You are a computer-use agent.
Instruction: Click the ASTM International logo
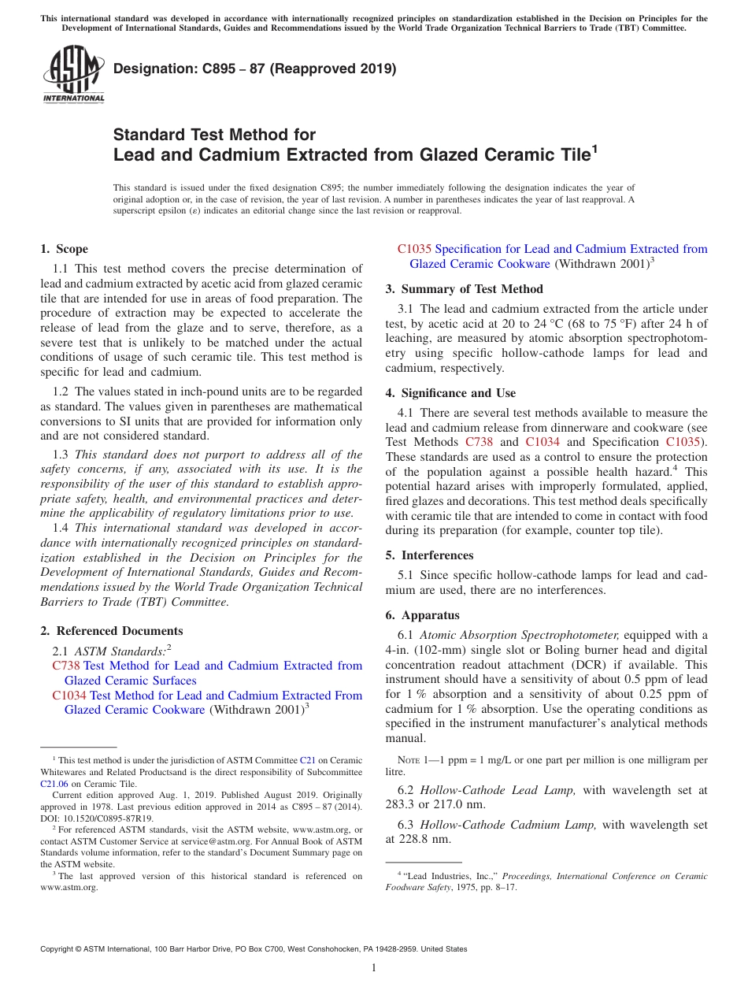click(73, 74)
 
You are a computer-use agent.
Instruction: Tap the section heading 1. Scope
click(64, 249)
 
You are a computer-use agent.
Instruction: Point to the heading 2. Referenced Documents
click(112, 631)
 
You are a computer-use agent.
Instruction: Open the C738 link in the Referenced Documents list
click(65, 666)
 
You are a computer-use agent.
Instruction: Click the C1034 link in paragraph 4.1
click(542, 442)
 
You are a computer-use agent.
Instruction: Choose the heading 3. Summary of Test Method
click(464, 289)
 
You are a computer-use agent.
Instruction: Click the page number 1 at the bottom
click(374, 967)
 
